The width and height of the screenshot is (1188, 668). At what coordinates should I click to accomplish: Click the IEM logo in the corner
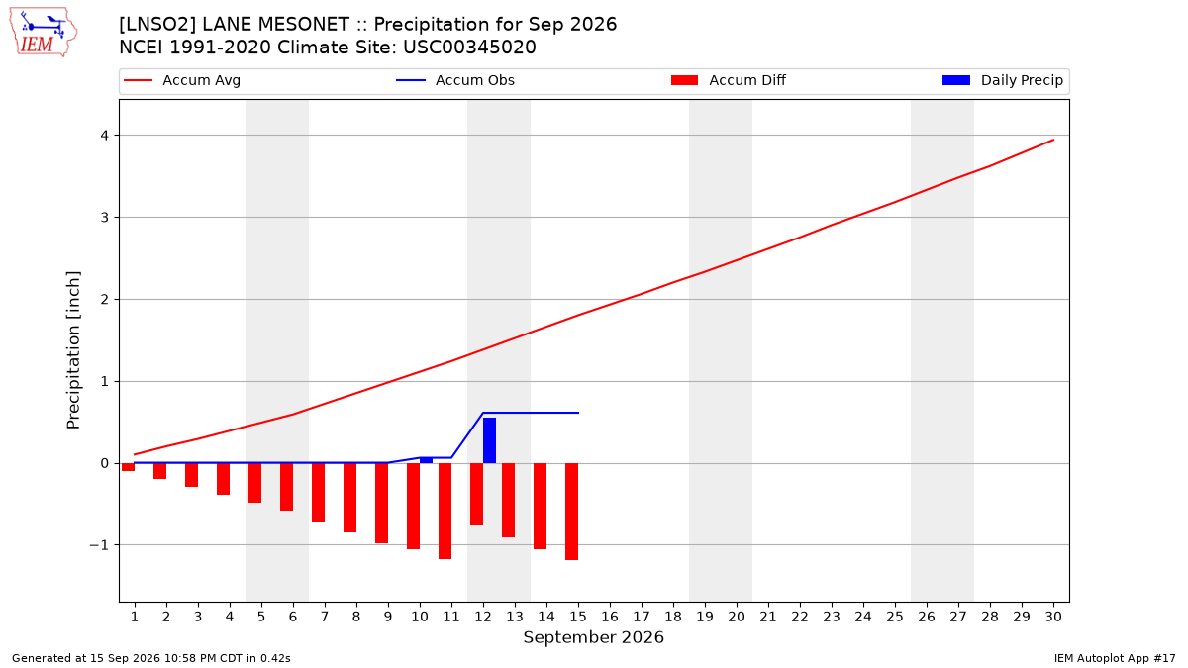[43, 33]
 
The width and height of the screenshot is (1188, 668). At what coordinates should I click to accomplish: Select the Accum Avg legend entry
[182, 80]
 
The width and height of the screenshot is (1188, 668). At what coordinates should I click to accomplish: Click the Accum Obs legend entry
[455, 80]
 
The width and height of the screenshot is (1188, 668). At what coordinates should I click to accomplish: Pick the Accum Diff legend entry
[729, 80]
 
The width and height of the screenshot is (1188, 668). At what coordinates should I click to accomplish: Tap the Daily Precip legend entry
[1002, 80]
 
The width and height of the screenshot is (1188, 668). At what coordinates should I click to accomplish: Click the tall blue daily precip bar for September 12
[489, 440]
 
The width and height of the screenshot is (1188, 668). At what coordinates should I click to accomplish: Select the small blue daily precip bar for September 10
[426, 460]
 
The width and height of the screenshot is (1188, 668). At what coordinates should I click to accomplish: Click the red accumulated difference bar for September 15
[572, 512]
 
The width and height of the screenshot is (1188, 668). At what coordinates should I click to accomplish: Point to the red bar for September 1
[128, 467]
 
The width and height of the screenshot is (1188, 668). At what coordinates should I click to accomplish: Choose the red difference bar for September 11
[445, 511]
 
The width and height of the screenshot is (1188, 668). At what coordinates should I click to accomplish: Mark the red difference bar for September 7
[318, 493]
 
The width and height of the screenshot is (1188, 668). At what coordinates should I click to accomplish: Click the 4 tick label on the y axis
[105, 136]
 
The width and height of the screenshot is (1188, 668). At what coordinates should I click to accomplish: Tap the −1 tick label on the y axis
[99, 545]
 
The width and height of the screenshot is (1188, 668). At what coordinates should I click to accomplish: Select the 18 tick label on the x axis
[673, 617]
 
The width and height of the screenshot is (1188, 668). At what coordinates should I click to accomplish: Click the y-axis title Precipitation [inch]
[73, 350]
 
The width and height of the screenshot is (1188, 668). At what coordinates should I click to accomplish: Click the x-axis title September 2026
[593, 637]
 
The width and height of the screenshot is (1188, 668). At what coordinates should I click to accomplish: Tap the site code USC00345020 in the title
[469, 48]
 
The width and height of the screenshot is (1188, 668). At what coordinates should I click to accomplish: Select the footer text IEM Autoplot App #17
[1115, 658]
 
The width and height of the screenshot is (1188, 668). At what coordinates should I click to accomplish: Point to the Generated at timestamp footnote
[151, 658]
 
